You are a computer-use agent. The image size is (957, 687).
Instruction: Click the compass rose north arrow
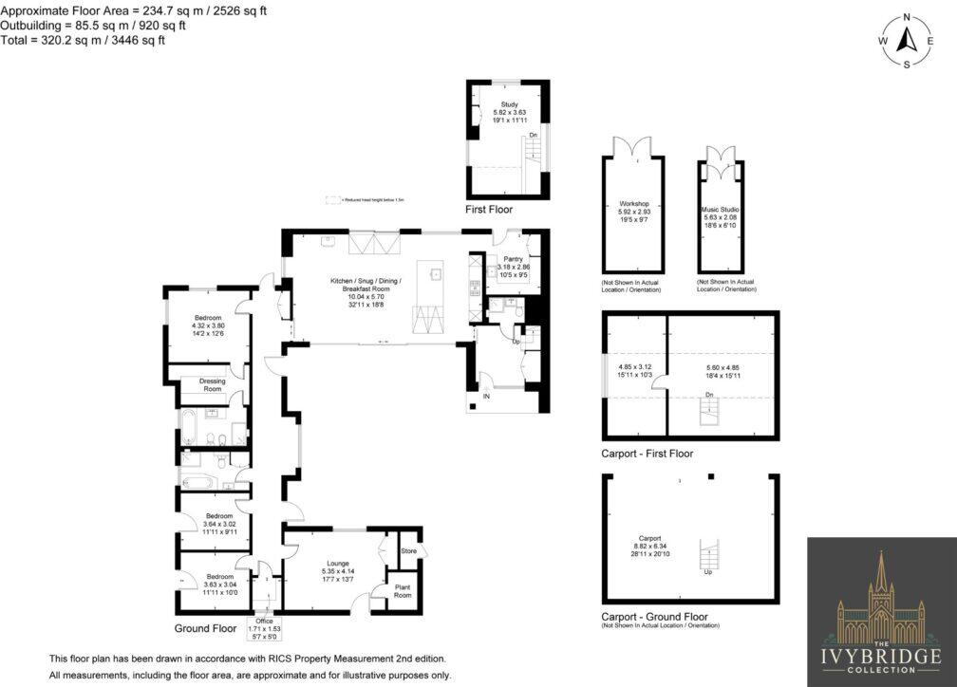pyautogui.click(x=905, y=41)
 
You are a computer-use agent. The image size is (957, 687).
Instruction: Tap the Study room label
pyautogui.click(x=509, y=105)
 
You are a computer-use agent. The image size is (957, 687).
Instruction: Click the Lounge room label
pyautogui.click(x=338, y=563)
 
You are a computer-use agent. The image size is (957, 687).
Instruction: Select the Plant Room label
pyautogui.click(x=403, y=592)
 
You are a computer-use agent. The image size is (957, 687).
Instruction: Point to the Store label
pyautogui.click(x=409, y=551)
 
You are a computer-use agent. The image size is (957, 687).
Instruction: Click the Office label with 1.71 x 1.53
pyautogui.click(x=257, y=621)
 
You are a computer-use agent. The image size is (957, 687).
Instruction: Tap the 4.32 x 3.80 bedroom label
pyautogui.click(x=208, y=318)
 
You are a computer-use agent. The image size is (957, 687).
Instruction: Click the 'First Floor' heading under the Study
pyautogui.click(x=489, y=208)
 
